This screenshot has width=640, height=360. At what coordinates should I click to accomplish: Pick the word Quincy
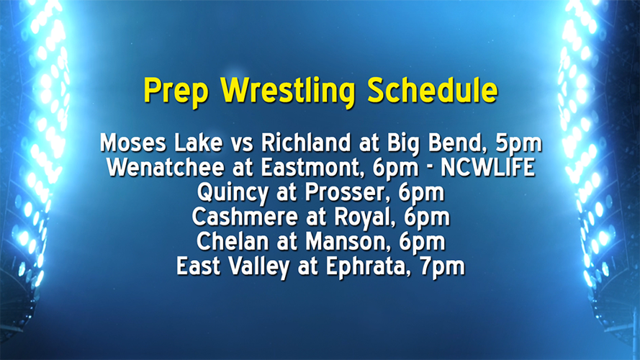(228, 193)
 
